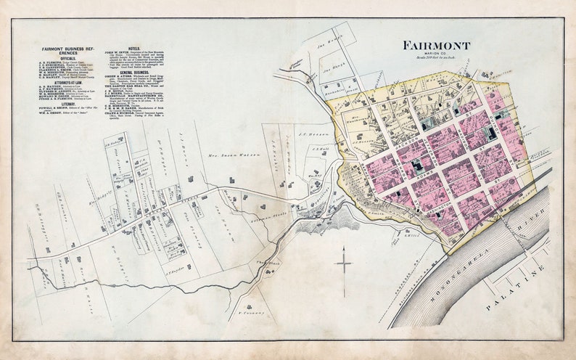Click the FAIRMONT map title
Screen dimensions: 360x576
point(436,46)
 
